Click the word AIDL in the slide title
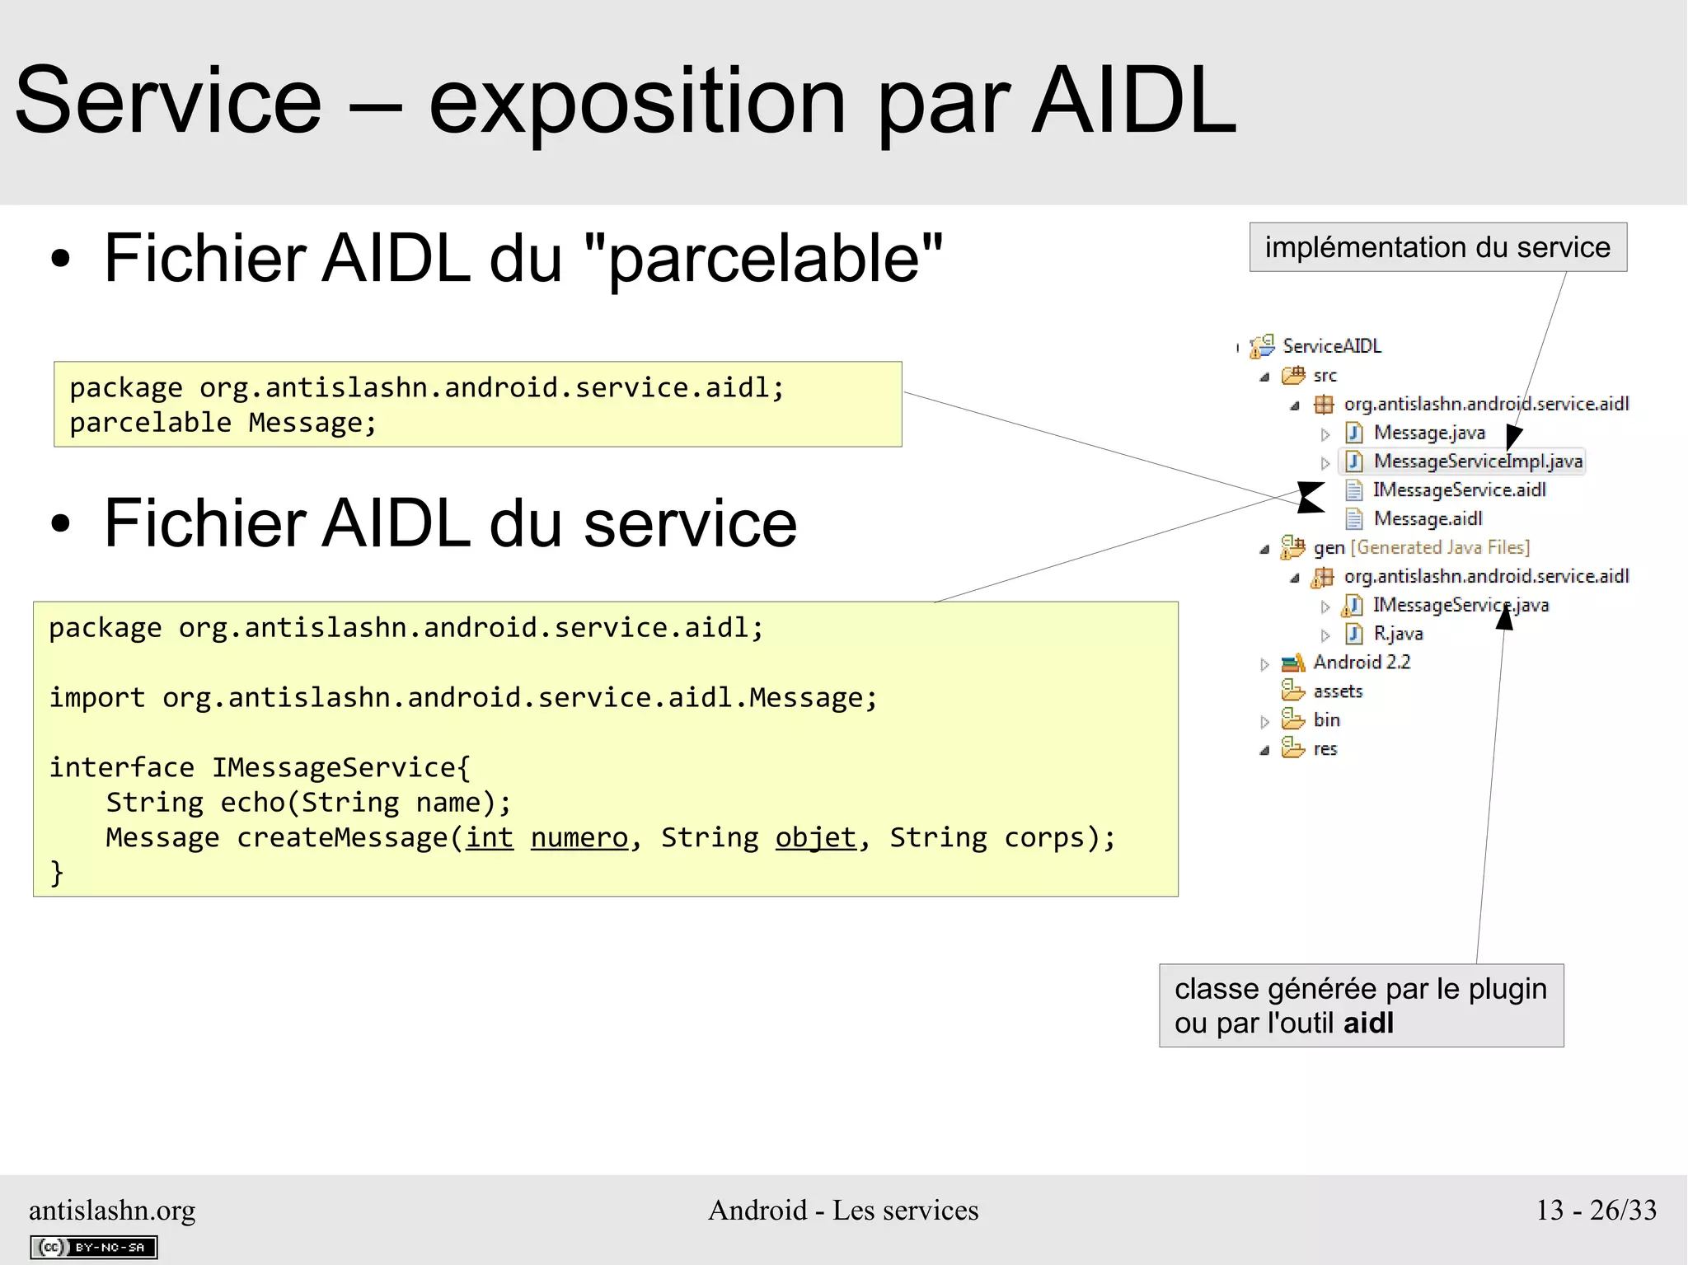pos(1134,102)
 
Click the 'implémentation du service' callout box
pos(1437,247)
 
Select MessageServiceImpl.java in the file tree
pos(1477,461)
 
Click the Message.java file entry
pos(1428,433)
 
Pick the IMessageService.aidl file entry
pos(1458,490)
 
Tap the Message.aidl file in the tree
pos(1427,519)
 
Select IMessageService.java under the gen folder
pos(1460,606)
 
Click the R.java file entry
pos(1397,634)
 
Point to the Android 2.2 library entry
pos(1361,663)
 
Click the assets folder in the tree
pos(1337,691)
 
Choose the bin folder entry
pos(1326,720)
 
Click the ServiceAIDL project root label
pos(1331,346)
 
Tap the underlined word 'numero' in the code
pos(579,838)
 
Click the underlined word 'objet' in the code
pos(816,838)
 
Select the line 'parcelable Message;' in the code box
pos(223,423)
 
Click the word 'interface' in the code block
pos(121,768)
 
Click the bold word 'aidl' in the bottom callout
pos(1368,1024)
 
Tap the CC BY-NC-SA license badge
pos(93,1248)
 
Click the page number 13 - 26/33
pos(1596,1210)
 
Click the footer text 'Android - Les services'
pos(843,1210)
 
